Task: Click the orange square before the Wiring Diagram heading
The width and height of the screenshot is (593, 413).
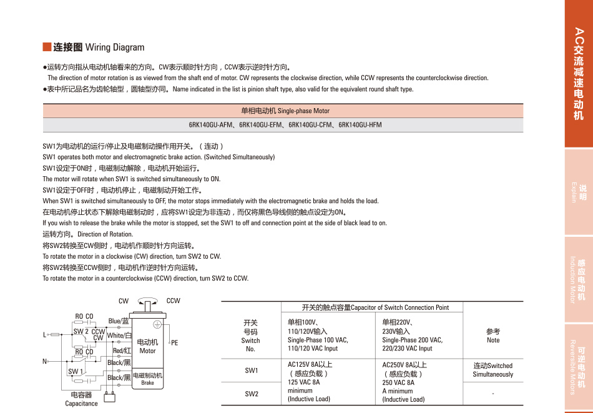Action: coord(46,47)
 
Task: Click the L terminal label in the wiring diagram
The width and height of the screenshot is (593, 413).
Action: coord(44,335)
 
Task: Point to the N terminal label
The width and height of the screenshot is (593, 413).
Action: coord(44,362)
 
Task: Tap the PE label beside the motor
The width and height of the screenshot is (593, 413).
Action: coord(175,343)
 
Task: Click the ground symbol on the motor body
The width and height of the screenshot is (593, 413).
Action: coord(157,324)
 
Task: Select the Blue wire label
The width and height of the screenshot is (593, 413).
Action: coord(119,321)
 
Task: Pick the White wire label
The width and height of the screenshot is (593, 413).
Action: coord(119,336)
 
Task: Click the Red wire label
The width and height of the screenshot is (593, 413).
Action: coord(121,351)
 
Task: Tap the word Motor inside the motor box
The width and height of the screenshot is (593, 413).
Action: coord(147,351)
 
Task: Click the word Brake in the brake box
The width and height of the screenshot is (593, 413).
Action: coord(147,382)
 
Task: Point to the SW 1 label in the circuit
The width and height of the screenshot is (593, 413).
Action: coord(76,372)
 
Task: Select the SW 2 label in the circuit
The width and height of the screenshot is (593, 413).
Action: coord(81,332)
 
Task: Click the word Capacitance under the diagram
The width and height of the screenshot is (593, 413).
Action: coord(81,404)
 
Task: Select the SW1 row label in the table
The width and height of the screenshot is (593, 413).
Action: coord(252,371)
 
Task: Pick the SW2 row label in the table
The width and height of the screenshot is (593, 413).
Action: coord(252,394)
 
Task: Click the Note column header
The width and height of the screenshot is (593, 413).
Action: coord(493,336)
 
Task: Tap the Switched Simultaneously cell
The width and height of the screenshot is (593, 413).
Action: coord(493,370)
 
